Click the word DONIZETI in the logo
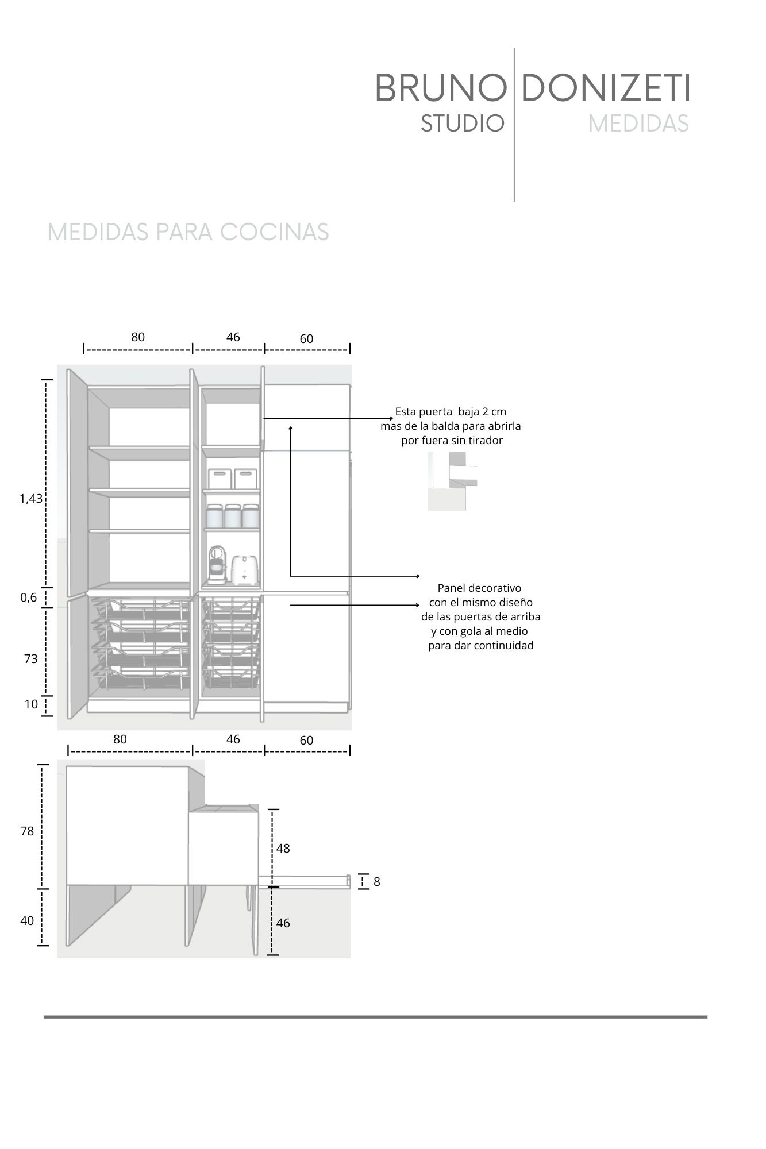(x=605, y=89)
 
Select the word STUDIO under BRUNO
(x=462, y=124)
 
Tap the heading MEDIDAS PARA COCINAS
(x=188, y=232)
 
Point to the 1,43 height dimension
(x=31, y=499)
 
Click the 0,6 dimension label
(x=28, y=597)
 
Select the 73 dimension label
(x=30, y=659)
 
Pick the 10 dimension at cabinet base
(x=30, y=704)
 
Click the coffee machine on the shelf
(x=216, y=564)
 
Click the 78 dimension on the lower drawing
(x=27, y=831)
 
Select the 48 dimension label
(x=283, y=848)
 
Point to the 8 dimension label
(x=376, y=882)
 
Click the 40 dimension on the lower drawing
(x=27, y=921)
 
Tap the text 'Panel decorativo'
(x=479, y=588)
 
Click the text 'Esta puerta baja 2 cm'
(x=451, y=412)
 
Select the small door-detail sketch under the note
(x=451, y=481)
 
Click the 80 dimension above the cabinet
(x=138, y=337)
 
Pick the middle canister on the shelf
(x=233, y=516)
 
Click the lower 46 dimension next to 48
(x=283, y=923)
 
